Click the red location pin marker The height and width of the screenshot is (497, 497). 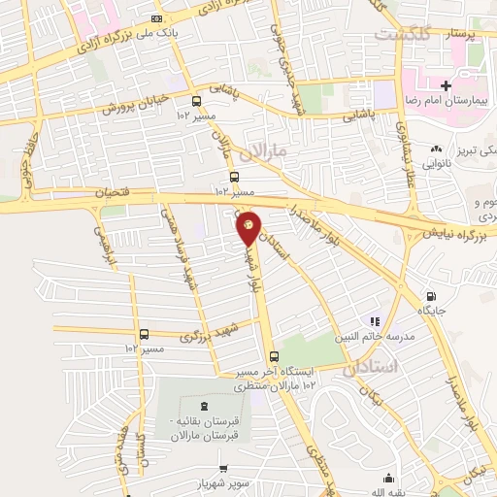pyautogui.click(x=248, y=226)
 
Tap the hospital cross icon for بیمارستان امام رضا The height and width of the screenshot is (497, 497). pyautogui.click(x=446, y=85)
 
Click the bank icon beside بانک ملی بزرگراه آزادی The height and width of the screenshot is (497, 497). pyautogui.click(x=158, y=18)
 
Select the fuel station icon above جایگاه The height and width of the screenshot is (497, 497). pyautogui.click(x=430, y=296)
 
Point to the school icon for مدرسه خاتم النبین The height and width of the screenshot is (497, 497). pyautogui.click(x=373, y=321)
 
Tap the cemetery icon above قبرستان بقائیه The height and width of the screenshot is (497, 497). pyautogui.click(x=204, y=406)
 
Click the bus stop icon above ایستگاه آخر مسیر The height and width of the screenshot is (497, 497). pyautogui.click(x=274, y=356)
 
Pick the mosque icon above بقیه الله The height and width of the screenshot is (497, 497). pyautogui.click(x=388, y=478)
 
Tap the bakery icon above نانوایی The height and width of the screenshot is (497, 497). pyautogui.click(x=436, y=149)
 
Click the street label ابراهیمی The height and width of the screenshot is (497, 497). pyautogui.click(x=102, y=248)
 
